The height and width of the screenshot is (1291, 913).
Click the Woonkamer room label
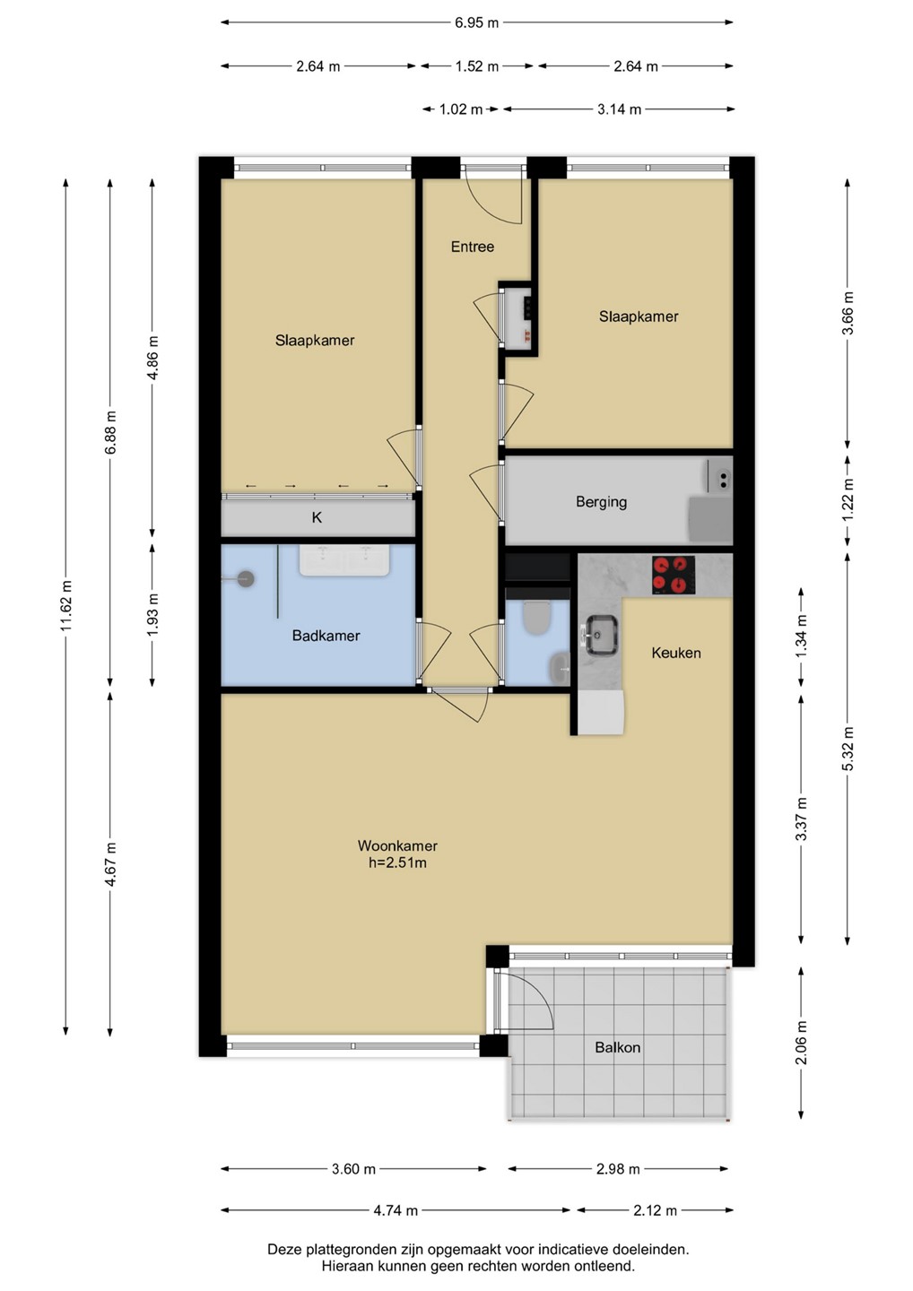pos(397,845)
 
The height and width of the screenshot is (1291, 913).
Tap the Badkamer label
pos(326,636)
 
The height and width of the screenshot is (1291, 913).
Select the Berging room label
pos(601,502)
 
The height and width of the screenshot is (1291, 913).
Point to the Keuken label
pos(676,653)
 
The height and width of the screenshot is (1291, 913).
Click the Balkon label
pos(617,1047)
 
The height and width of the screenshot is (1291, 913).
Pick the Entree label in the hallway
pos(472,247)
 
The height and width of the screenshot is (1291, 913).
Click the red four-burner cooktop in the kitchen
pos(674,576)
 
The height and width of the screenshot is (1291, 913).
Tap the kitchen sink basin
pos(603,635)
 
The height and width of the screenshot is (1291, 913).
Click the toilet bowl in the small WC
pos(536,618)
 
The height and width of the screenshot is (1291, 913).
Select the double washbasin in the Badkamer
pos(345,559)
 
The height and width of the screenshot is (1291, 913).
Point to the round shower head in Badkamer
pos(246,578)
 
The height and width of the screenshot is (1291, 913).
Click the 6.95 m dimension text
pos(476,23)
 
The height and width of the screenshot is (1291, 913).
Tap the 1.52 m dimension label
pos(476,66)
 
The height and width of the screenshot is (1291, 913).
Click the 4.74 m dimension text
pos(396,1210)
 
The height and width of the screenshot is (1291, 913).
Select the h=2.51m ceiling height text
pos(397,862)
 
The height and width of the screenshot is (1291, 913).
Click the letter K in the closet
pos(317,517)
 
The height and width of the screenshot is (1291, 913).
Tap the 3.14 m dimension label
pos(619,109)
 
